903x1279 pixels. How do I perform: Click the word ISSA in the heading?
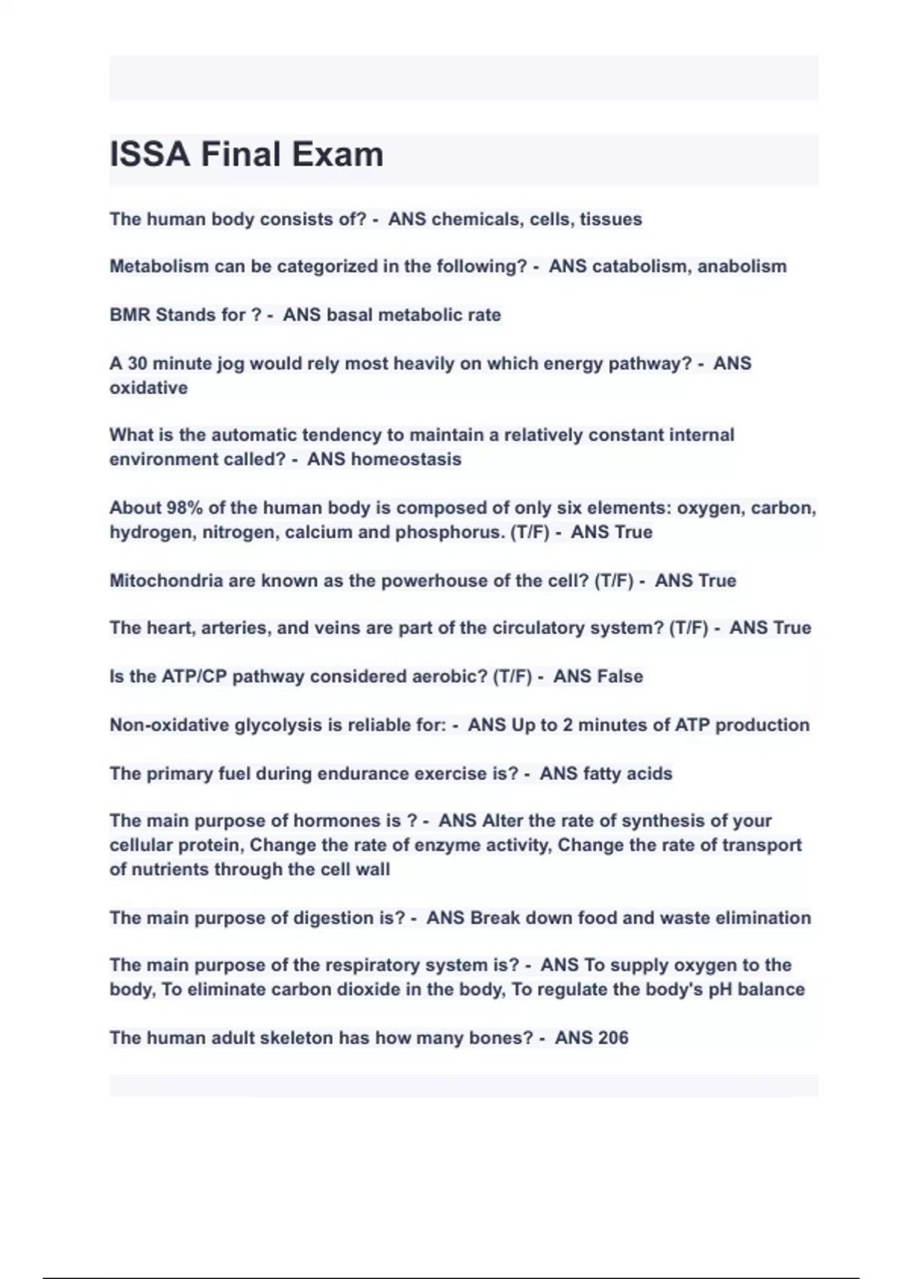(150, 155)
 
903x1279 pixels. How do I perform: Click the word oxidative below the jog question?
(148, 388)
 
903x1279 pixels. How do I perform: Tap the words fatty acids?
(628, 773)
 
